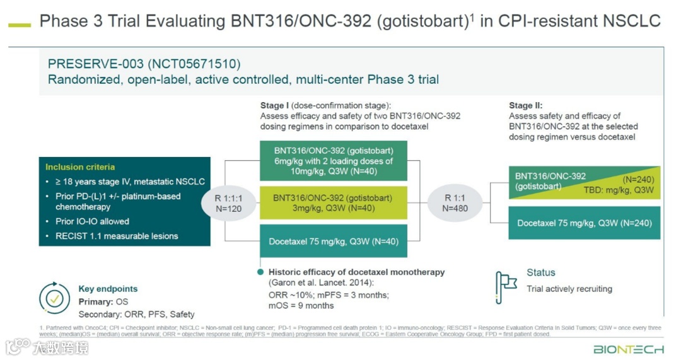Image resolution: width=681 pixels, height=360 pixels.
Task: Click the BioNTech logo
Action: point(628,349)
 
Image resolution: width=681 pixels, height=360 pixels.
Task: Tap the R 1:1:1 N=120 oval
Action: point(228,203)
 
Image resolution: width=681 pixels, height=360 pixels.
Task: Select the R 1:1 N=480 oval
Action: point(455,203)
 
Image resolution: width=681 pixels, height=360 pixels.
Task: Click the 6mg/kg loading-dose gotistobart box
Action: point(333,161)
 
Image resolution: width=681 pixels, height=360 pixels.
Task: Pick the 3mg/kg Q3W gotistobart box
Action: point(333,203)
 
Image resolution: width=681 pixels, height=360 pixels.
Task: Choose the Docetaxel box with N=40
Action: point(333,241)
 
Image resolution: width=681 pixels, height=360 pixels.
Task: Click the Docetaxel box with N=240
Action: point(584,223)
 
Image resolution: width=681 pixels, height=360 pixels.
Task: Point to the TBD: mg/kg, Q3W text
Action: point(619,190)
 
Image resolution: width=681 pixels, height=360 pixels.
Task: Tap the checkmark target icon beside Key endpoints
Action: point(54,299)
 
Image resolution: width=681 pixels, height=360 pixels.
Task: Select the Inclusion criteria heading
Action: point(80,167)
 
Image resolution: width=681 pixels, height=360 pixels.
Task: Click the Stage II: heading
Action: point(525,106)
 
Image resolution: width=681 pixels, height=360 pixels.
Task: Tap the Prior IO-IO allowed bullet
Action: point(92,221)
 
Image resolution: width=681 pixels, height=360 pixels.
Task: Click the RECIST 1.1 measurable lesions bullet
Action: point(117,236)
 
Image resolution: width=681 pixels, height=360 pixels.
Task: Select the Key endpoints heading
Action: point(108,289)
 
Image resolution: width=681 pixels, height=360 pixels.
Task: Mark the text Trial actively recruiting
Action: point(569,289)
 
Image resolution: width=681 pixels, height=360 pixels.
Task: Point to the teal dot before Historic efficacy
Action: point(260,272)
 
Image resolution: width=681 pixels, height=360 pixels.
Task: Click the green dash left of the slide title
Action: point(20,25)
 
